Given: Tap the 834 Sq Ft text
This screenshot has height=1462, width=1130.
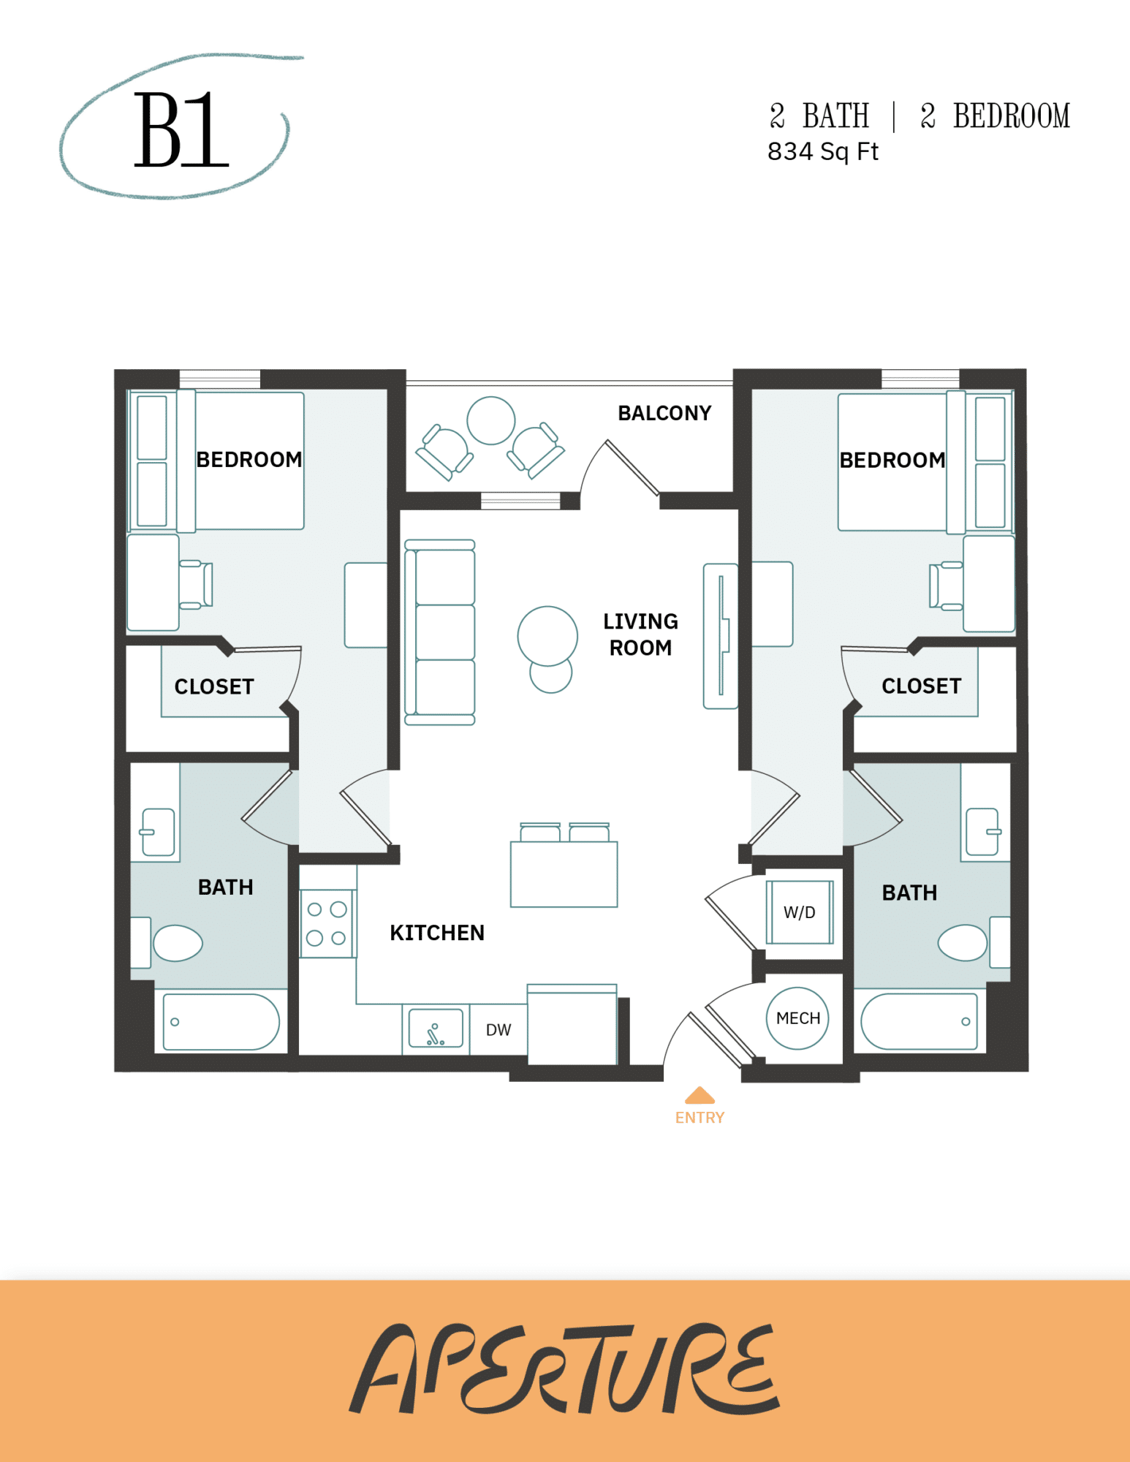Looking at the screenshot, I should coord(822,151).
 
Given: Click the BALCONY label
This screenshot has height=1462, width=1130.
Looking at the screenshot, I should coord(664,413).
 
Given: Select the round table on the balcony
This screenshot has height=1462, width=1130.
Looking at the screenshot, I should coord(490,420).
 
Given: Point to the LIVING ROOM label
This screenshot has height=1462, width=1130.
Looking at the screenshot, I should coord(640,635).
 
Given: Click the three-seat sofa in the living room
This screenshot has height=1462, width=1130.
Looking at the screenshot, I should coord(440,632).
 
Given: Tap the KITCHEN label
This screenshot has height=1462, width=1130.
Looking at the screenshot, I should coord(437,933).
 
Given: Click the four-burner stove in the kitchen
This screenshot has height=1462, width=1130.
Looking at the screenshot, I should coord(327,923).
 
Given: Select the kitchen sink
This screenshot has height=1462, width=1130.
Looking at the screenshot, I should coord(436,1029).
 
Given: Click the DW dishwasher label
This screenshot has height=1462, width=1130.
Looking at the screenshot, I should coord(498,1030).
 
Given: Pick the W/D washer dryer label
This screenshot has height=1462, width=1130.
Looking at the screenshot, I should coord(799,912).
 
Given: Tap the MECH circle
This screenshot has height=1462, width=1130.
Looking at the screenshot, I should coord(797,1018).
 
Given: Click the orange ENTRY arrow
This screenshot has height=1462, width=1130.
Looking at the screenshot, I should coord(699,1095).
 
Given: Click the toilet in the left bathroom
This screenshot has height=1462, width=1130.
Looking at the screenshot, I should coord(176,943).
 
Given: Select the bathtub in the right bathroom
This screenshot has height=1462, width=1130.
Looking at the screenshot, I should coord(919,1021).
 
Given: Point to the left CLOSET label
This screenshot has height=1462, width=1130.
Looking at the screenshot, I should coord(214,686).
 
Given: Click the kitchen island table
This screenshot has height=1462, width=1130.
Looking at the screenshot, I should coord(564,874).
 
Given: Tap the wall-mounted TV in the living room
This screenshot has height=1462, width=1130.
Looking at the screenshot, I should coord(721,635).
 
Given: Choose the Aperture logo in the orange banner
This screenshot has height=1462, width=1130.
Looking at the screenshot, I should coord(564,1368).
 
